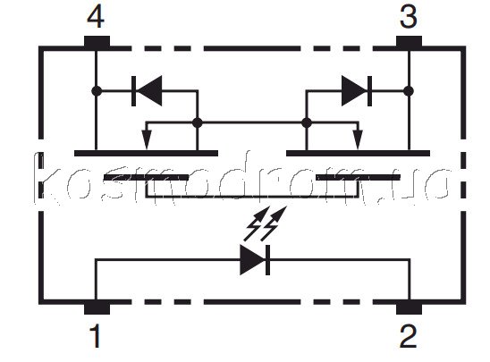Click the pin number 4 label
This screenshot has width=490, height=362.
(x=96, y=17)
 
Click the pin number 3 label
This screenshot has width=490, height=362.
(x=409, y=17)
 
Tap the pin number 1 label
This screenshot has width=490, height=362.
(x=96, y=336)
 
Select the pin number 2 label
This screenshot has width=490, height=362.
(x=408, y=336)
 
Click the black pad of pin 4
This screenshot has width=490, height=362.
(x=97, y=43)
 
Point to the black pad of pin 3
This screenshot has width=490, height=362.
(x=409, y=43)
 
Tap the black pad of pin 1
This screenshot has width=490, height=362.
(x=97, y=307)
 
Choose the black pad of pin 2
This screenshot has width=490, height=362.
(x=409, y=307)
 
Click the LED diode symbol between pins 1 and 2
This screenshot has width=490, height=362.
(x=255, y=260)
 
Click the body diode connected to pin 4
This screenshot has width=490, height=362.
(x=147, y=91)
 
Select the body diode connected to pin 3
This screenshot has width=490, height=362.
(x=357, y=91)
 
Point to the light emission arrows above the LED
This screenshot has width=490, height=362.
(x=265, y=223)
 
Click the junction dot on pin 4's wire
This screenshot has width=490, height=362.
(x=97, y=91)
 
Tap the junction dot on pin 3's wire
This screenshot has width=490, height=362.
(x=409, y=91)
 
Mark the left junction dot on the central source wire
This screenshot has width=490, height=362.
(x=198, y=122)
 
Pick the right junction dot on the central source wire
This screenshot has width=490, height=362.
(x=307, y=122)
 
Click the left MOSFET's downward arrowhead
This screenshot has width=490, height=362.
(x=147, y=139)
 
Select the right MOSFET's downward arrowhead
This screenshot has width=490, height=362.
(x=358, y=139)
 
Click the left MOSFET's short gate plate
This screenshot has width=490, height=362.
(x=146, y=178)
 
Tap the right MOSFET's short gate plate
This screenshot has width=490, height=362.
(x=359, y=178)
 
